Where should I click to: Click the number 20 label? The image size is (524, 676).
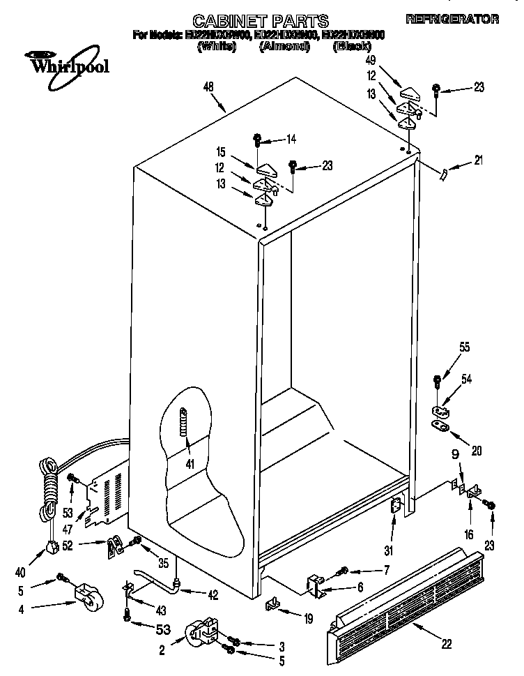[x=477, y=451]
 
